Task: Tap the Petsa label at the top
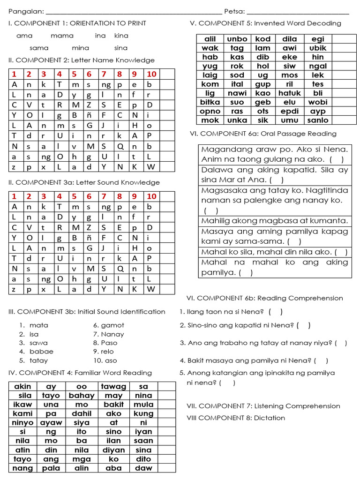pyautogui.click(x=234, y=11)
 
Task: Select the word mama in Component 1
pyautogui.click(x=62, y=36)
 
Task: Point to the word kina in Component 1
pyautogui.click(x=121, y=36)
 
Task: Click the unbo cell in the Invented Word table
pyautogui.click(x=237, y=39)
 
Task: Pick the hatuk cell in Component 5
pyautogui.click(x=289, y=93)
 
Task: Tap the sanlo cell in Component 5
pyautogui.click(x=317, y=120)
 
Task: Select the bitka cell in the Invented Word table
pyautogui.click(x=210, y=102)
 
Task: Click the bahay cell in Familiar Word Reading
pyautogui.click(x=82, y=396)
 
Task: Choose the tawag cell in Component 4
pyautogui.click(x=113, y=387)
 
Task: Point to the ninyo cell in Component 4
pyautogui.click(x=22, y=423)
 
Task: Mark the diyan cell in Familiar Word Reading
pyautogui.click(x=113, y=450)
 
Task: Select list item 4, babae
pyautogui.click(x=41, y=352)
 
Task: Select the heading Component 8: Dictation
pyautogui.click(x=236, y=418)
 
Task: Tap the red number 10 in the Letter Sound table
pyautogui.click(x=151, y=196)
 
